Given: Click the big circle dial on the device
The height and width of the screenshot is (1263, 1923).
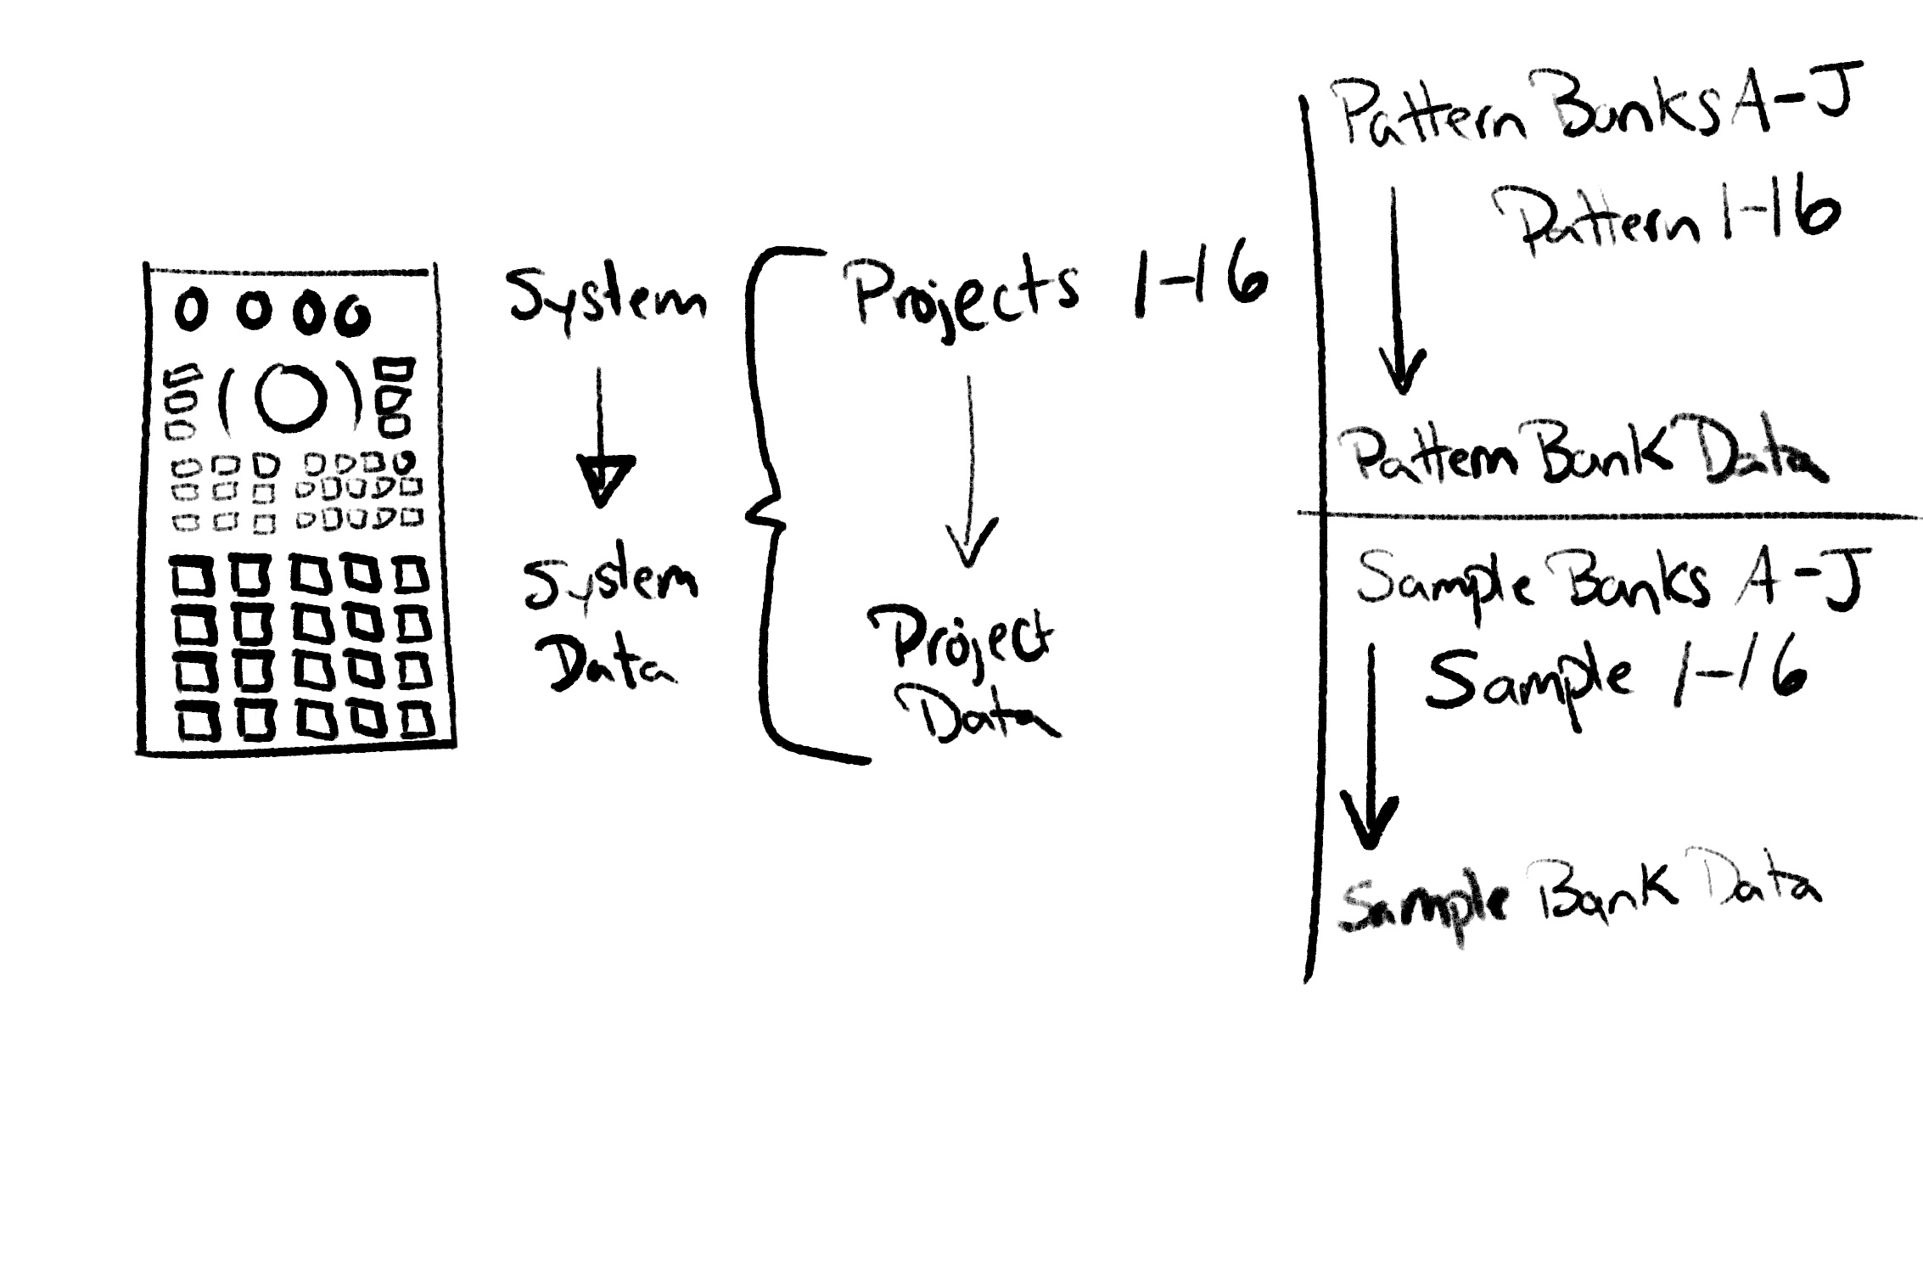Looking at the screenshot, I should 291,397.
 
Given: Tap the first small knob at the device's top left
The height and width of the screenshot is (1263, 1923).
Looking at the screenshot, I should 191,312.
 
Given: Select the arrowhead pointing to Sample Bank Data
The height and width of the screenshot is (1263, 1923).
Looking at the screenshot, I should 1367,819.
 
